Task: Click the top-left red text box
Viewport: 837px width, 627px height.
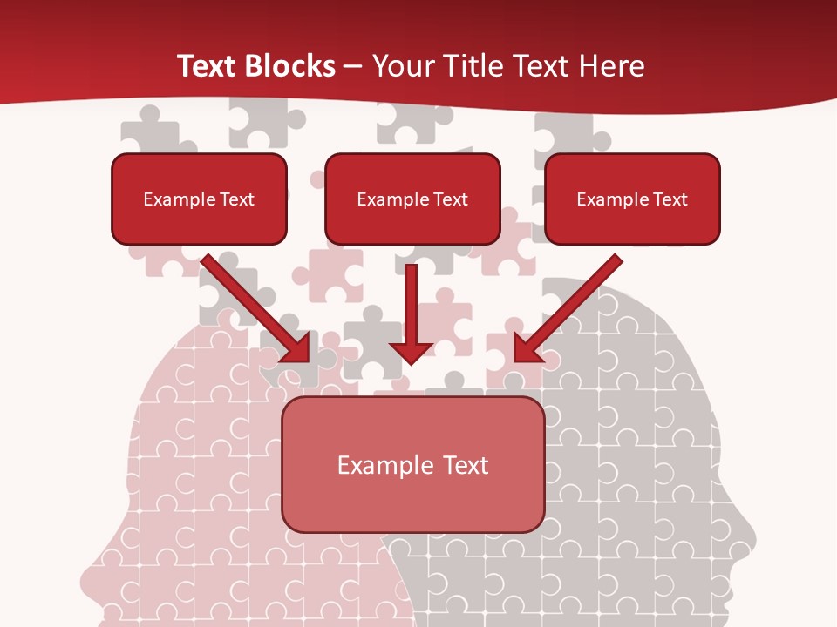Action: (199, 199)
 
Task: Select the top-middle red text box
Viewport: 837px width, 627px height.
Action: (412, 199)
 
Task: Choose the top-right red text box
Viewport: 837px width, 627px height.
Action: (632, 199)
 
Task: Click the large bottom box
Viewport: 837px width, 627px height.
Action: (413, 464)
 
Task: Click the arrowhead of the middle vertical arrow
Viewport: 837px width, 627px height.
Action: (412, 353)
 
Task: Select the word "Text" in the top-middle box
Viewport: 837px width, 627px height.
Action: (451, 199)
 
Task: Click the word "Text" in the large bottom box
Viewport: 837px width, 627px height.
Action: (465, 465)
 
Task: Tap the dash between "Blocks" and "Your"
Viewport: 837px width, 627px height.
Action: (354, 66)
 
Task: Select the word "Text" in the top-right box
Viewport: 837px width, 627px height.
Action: (670, 199)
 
